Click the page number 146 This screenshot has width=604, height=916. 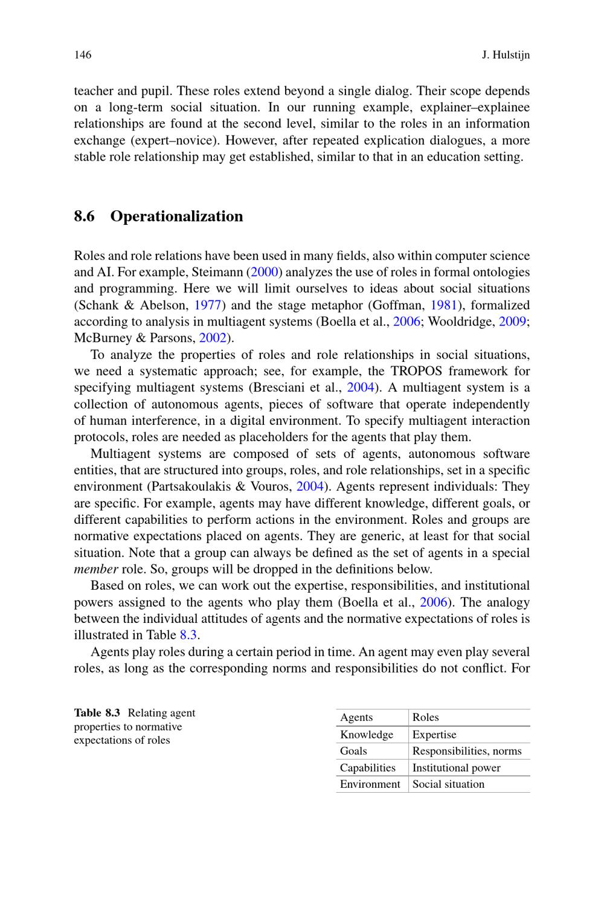click(x=83, y=55)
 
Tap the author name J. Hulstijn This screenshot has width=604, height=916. click(x=506, y=55)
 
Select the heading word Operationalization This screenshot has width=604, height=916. click(x=176, y=216)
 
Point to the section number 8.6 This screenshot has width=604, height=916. click(x=85, y=216)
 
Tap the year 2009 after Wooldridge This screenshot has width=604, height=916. click(x=512, y=321)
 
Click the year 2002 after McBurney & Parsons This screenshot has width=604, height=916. click(x=212, y=338)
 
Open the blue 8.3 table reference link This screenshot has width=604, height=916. click(x=189, y=635)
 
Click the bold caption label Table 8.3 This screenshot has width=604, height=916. click(x=97, y=713)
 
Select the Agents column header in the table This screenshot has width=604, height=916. click(x=356, y=717)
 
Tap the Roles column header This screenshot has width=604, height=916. click(x=426, y=717)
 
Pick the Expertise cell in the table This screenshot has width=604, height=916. click(x=434, y=735)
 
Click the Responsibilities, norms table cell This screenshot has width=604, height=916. click(x=467, y=751)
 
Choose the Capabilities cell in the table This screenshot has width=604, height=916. click(x=367, y=768)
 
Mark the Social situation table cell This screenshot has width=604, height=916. click(x=448, y=784)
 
